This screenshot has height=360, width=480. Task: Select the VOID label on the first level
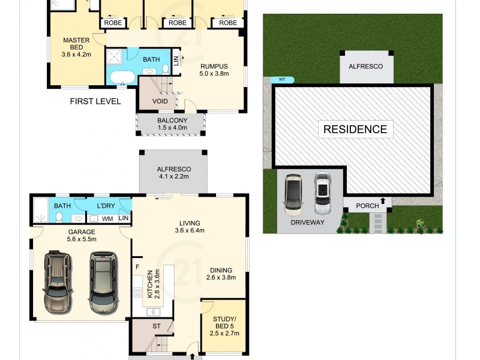[160, 101]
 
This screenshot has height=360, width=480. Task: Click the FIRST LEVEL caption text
[95, 101]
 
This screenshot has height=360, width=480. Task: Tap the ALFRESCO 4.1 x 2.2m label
[173, 173]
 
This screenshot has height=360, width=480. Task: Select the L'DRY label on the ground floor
[106, 206]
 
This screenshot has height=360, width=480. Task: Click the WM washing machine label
[107, 219]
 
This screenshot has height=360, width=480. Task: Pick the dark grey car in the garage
[103, 281]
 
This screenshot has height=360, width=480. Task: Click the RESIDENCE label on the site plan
[355, 129]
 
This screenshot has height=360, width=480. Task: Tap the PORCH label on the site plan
[367, 206]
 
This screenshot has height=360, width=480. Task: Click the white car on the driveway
[323, 194]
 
